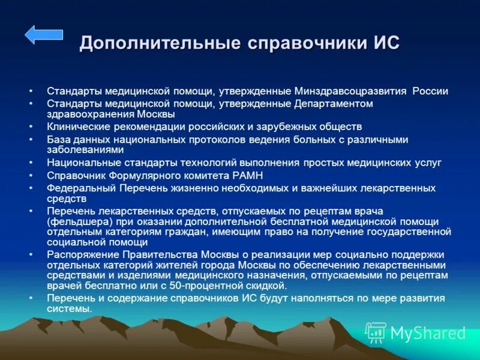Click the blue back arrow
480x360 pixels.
43,35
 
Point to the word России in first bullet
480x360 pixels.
430,91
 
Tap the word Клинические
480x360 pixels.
76,127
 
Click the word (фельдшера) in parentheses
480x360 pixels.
74,221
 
